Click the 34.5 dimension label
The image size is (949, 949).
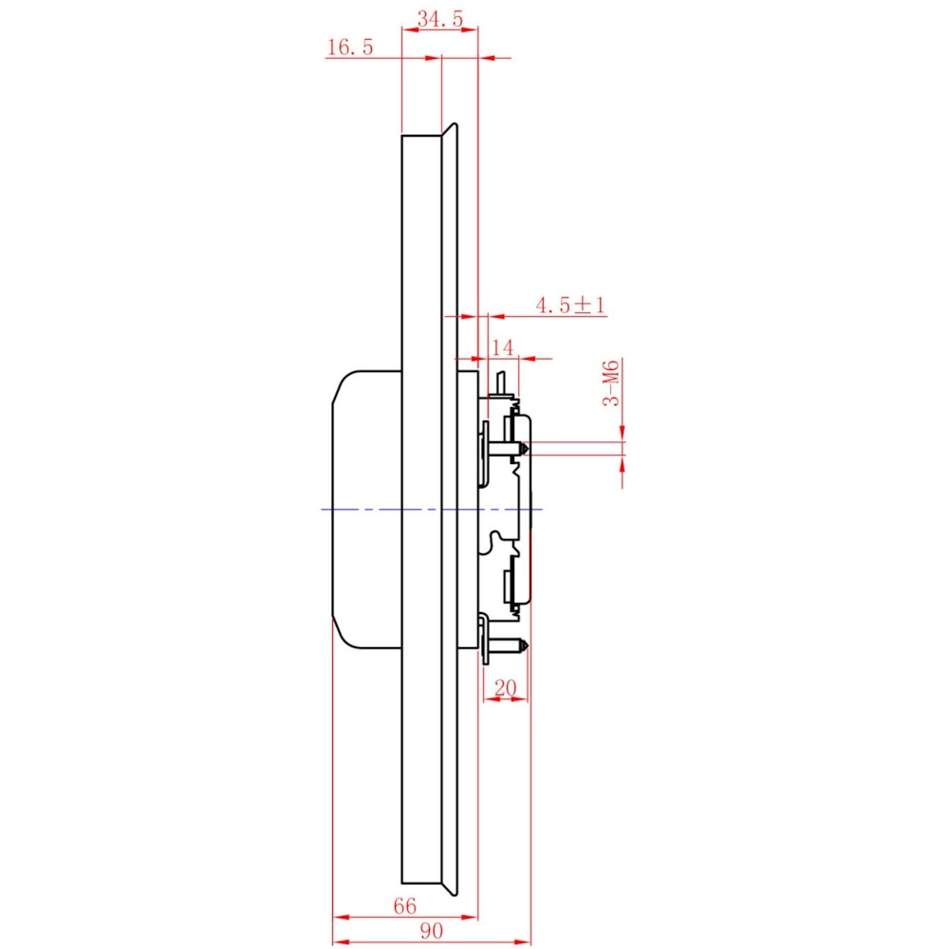click(440, 19)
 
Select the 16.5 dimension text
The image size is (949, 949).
click(350, 47)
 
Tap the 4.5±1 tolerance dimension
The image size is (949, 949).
click(570, 305)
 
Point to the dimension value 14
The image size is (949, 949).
click(502, 347)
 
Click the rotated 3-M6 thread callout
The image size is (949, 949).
click(611, 383)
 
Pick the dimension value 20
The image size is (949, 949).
click(506, 687)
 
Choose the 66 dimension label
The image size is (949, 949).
click(405, 906)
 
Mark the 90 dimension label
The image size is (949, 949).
click(431, 931)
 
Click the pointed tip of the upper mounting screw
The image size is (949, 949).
click(528, 449)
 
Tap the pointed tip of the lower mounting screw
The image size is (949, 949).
click(528, 645)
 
